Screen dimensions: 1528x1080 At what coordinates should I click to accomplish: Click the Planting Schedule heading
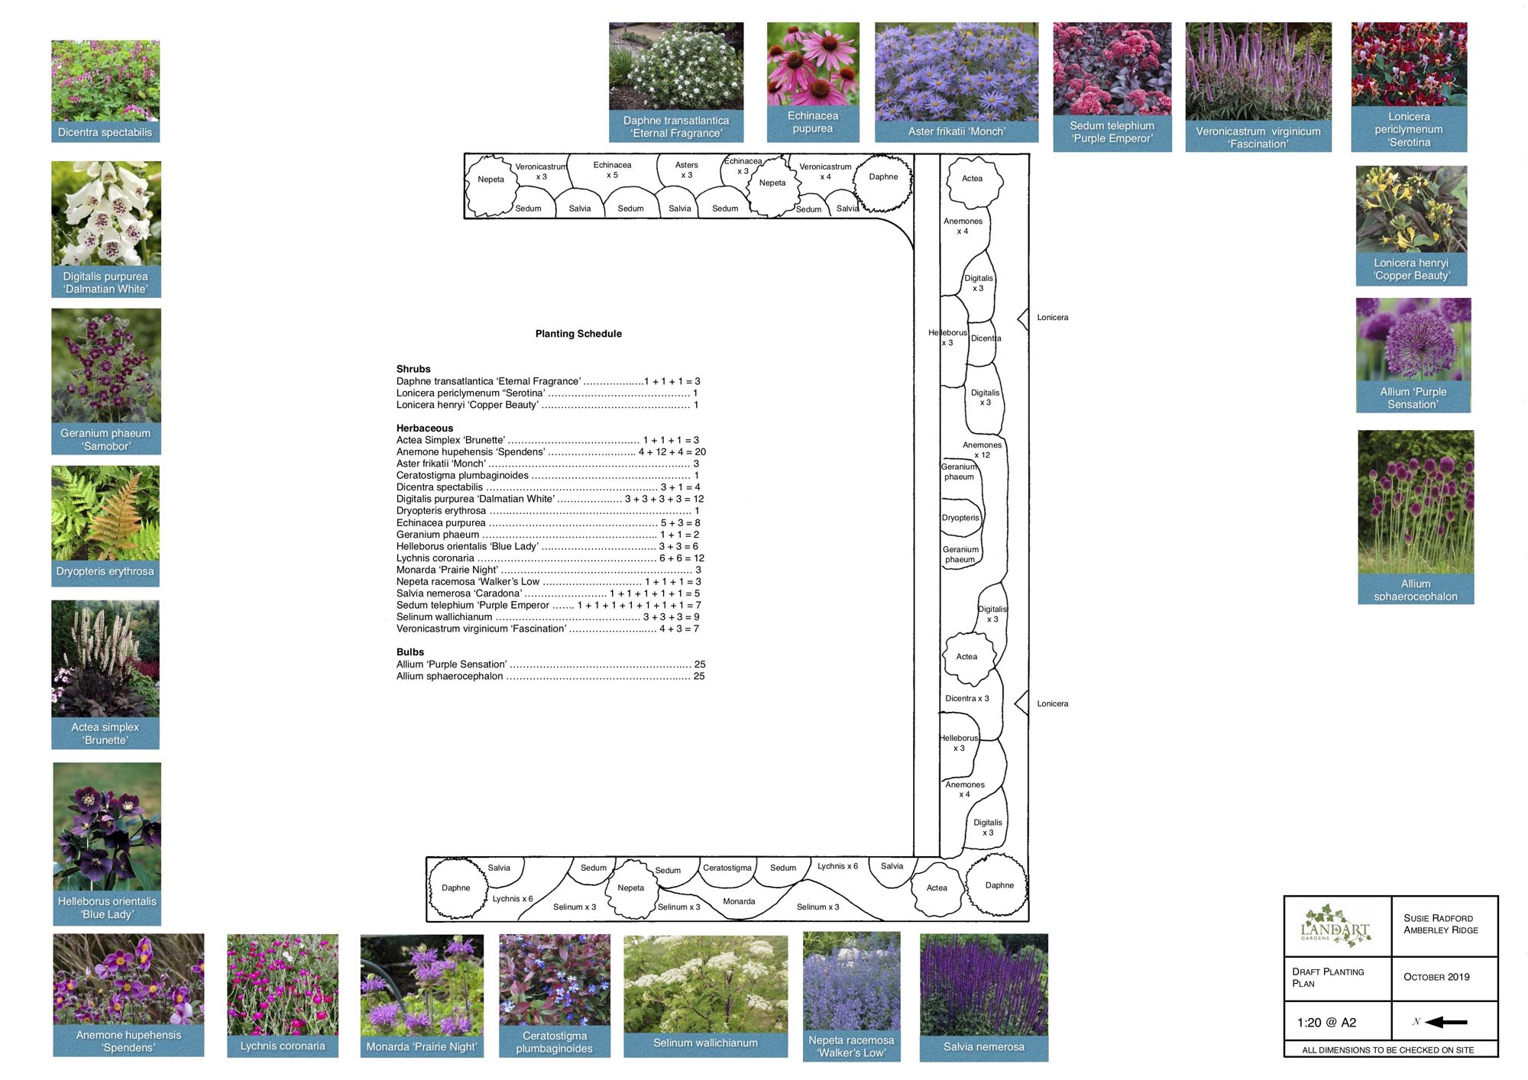click(578, 334)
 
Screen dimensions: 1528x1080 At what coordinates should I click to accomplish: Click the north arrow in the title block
click(1446, 1022)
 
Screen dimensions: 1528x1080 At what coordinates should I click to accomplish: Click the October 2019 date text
click(1436, 977)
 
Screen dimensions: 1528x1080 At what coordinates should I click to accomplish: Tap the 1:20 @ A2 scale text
click(1326, 1023)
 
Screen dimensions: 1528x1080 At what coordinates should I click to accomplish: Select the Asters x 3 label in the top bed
click(687, 170)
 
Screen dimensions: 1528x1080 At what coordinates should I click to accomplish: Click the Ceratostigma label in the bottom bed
click(727, 868)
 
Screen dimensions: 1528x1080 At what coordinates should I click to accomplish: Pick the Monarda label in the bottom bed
click(739, 901)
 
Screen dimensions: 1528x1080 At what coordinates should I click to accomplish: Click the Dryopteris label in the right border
click(960, 518)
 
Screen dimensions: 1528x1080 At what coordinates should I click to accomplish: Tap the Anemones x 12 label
click(982, 450)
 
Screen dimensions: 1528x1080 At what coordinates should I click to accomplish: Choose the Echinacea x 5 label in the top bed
click(612, 170)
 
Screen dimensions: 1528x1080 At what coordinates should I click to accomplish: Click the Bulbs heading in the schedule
click(410, 652)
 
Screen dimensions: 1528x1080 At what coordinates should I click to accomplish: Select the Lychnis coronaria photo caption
click(283, 1046)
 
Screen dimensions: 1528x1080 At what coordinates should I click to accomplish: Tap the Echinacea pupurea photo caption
click(813, 123)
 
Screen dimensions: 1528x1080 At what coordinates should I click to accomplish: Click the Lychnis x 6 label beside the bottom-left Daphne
click(513, 899)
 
